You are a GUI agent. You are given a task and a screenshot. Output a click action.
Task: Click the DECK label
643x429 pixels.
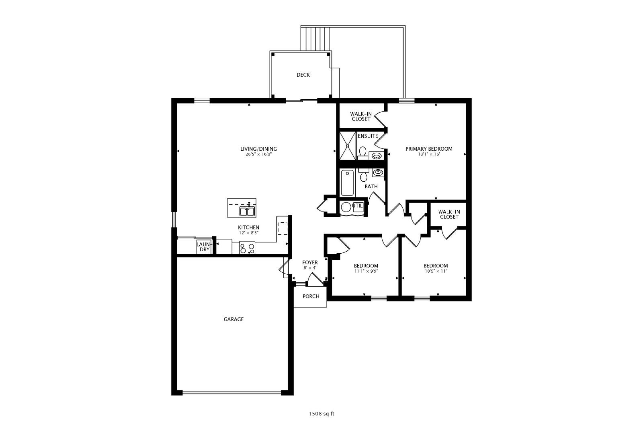(x=303, y=75)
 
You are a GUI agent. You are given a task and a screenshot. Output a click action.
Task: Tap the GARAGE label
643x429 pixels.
(x=233, y=319)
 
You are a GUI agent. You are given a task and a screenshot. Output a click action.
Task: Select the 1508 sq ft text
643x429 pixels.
(x=321, y=414)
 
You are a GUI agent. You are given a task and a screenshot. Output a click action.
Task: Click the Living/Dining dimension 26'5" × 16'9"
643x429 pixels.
(x=258, y=154)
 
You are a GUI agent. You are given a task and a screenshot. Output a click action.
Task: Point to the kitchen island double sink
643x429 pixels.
(x=247, y=211)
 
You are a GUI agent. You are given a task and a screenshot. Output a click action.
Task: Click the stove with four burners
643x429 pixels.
(x=247, y=248)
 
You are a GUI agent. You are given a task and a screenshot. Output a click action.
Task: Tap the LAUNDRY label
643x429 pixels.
(x=204, y=247)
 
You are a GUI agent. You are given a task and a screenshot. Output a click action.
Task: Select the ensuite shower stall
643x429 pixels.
(x=348, y=146)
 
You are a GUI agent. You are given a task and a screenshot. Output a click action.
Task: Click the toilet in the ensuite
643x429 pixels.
(x=362, y=154)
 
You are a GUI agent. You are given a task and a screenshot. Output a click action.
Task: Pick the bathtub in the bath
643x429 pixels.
(x=347, y=183)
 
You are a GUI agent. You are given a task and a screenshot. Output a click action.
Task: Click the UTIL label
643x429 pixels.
(x=358, y=206)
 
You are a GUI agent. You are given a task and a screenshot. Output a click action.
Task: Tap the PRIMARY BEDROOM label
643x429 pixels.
(x=429, y=149)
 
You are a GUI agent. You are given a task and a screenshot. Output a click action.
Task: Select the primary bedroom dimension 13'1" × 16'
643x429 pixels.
(x=429, y=154)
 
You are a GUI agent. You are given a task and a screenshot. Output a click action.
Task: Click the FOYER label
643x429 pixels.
(x=310, y=263)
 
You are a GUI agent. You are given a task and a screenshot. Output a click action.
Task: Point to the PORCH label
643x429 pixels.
(x=311, y=296)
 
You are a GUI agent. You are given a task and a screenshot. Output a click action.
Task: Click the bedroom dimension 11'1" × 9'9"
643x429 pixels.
(x=366, y=271)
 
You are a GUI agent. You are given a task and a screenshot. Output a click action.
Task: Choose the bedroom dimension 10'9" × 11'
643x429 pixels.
(x=436, y=271)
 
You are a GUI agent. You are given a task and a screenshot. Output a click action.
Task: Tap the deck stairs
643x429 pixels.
(x=315, y=39)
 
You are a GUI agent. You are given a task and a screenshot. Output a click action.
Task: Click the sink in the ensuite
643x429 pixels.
(x=376, y=156)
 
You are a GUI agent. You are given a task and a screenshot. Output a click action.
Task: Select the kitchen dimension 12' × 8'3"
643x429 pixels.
(x=249, y=233)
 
